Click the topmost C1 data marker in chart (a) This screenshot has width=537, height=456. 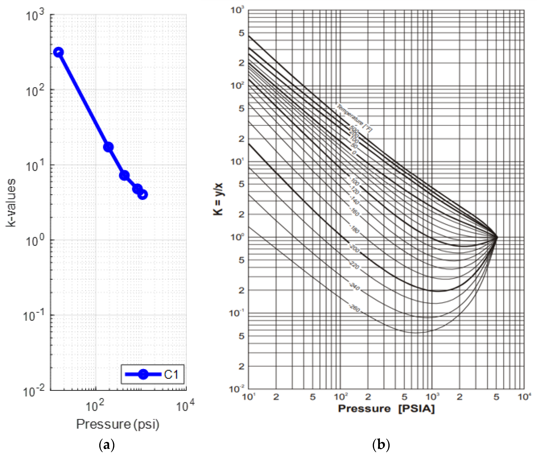(58, 52)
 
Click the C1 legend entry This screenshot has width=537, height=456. (152, 374)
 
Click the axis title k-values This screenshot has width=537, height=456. (11, 203)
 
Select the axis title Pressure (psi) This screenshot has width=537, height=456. (118, 424)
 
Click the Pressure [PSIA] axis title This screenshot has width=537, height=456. (386, 409)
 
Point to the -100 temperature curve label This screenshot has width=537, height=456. (355, 182)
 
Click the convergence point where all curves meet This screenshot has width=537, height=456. (496, 237)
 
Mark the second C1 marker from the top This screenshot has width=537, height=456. (108, 147)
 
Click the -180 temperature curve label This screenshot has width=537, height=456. (355, 229)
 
